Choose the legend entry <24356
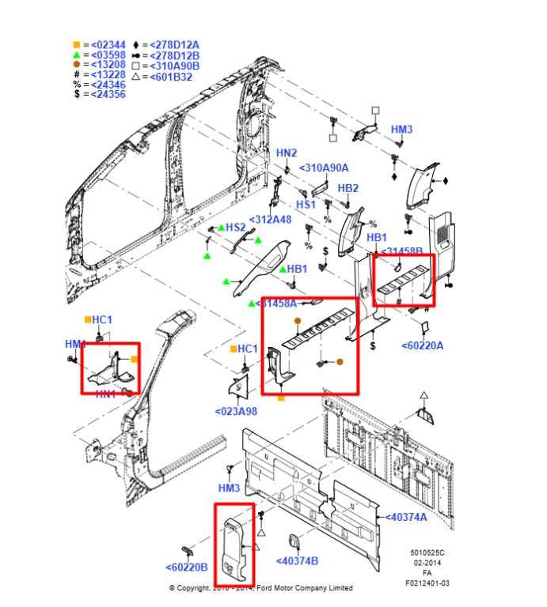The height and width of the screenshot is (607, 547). click(108, 94)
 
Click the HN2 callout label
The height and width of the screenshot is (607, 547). click(287, 153)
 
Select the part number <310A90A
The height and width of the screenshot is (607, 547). click(324, 168)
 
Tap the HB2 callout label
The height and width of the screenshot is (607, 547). click(348, 188)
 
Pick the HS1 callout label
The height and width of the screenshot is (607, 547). click(306, 204)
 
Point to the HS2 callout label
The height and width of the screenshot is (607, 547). click(236, 227)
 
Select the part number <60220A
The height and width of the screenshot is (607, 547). click(423, 345)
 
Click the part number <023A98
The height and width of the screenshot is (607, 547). click(236, 411)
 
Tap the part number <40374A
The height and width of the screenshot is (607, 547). click(405, 517)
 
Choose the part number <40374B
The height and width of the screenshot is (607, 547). click(297, 561)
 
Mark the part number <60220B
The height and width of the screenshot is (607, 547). click(187, 567)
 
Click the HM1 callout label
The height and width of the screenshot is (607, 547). click(75, 345)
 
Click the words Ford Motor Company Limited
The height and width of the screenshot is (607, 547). click(303, 588)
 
